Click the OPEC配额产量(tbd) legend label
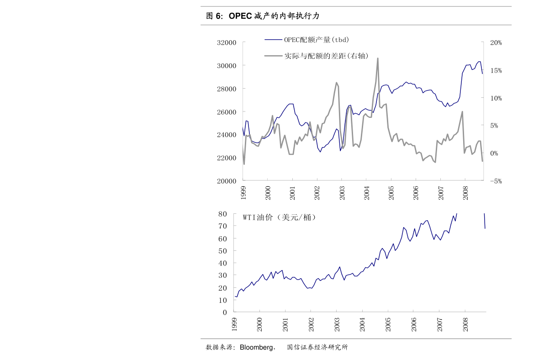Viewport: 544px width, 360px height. (x=317, y=40)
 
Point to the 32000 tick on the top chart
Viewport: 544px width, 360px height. (x=227, y=42)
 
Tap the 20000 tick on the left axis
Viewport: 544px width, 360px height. (x=227, y=181)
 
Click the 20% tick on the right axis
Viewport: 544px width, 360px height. (x=496, y=42)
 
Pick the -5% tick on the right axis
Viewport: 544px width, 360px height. (x=496, y=181)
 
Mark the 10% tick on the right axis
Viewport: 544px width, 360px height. (x=496, y=98)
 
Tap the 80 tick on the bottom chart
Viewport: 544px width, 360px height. (x=222, y=213)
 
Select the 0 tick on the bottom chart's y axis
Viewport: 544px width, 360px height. (x=224, y=312)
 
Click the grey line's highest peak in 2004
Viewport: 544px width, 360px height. (x=378, y=58)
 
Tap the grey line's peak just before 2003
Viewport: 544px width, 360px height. (x=336, y=83)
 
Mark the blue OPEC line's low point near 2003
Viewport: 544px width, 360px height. (x=340, y=150)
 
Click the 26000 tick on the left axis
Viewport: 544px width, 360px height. (x=227, y=112)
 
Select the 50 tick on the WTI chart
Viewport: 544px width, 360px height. (x=222, y=251)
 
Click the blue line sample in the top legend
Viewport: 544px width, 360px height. (x=273, y=40)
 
